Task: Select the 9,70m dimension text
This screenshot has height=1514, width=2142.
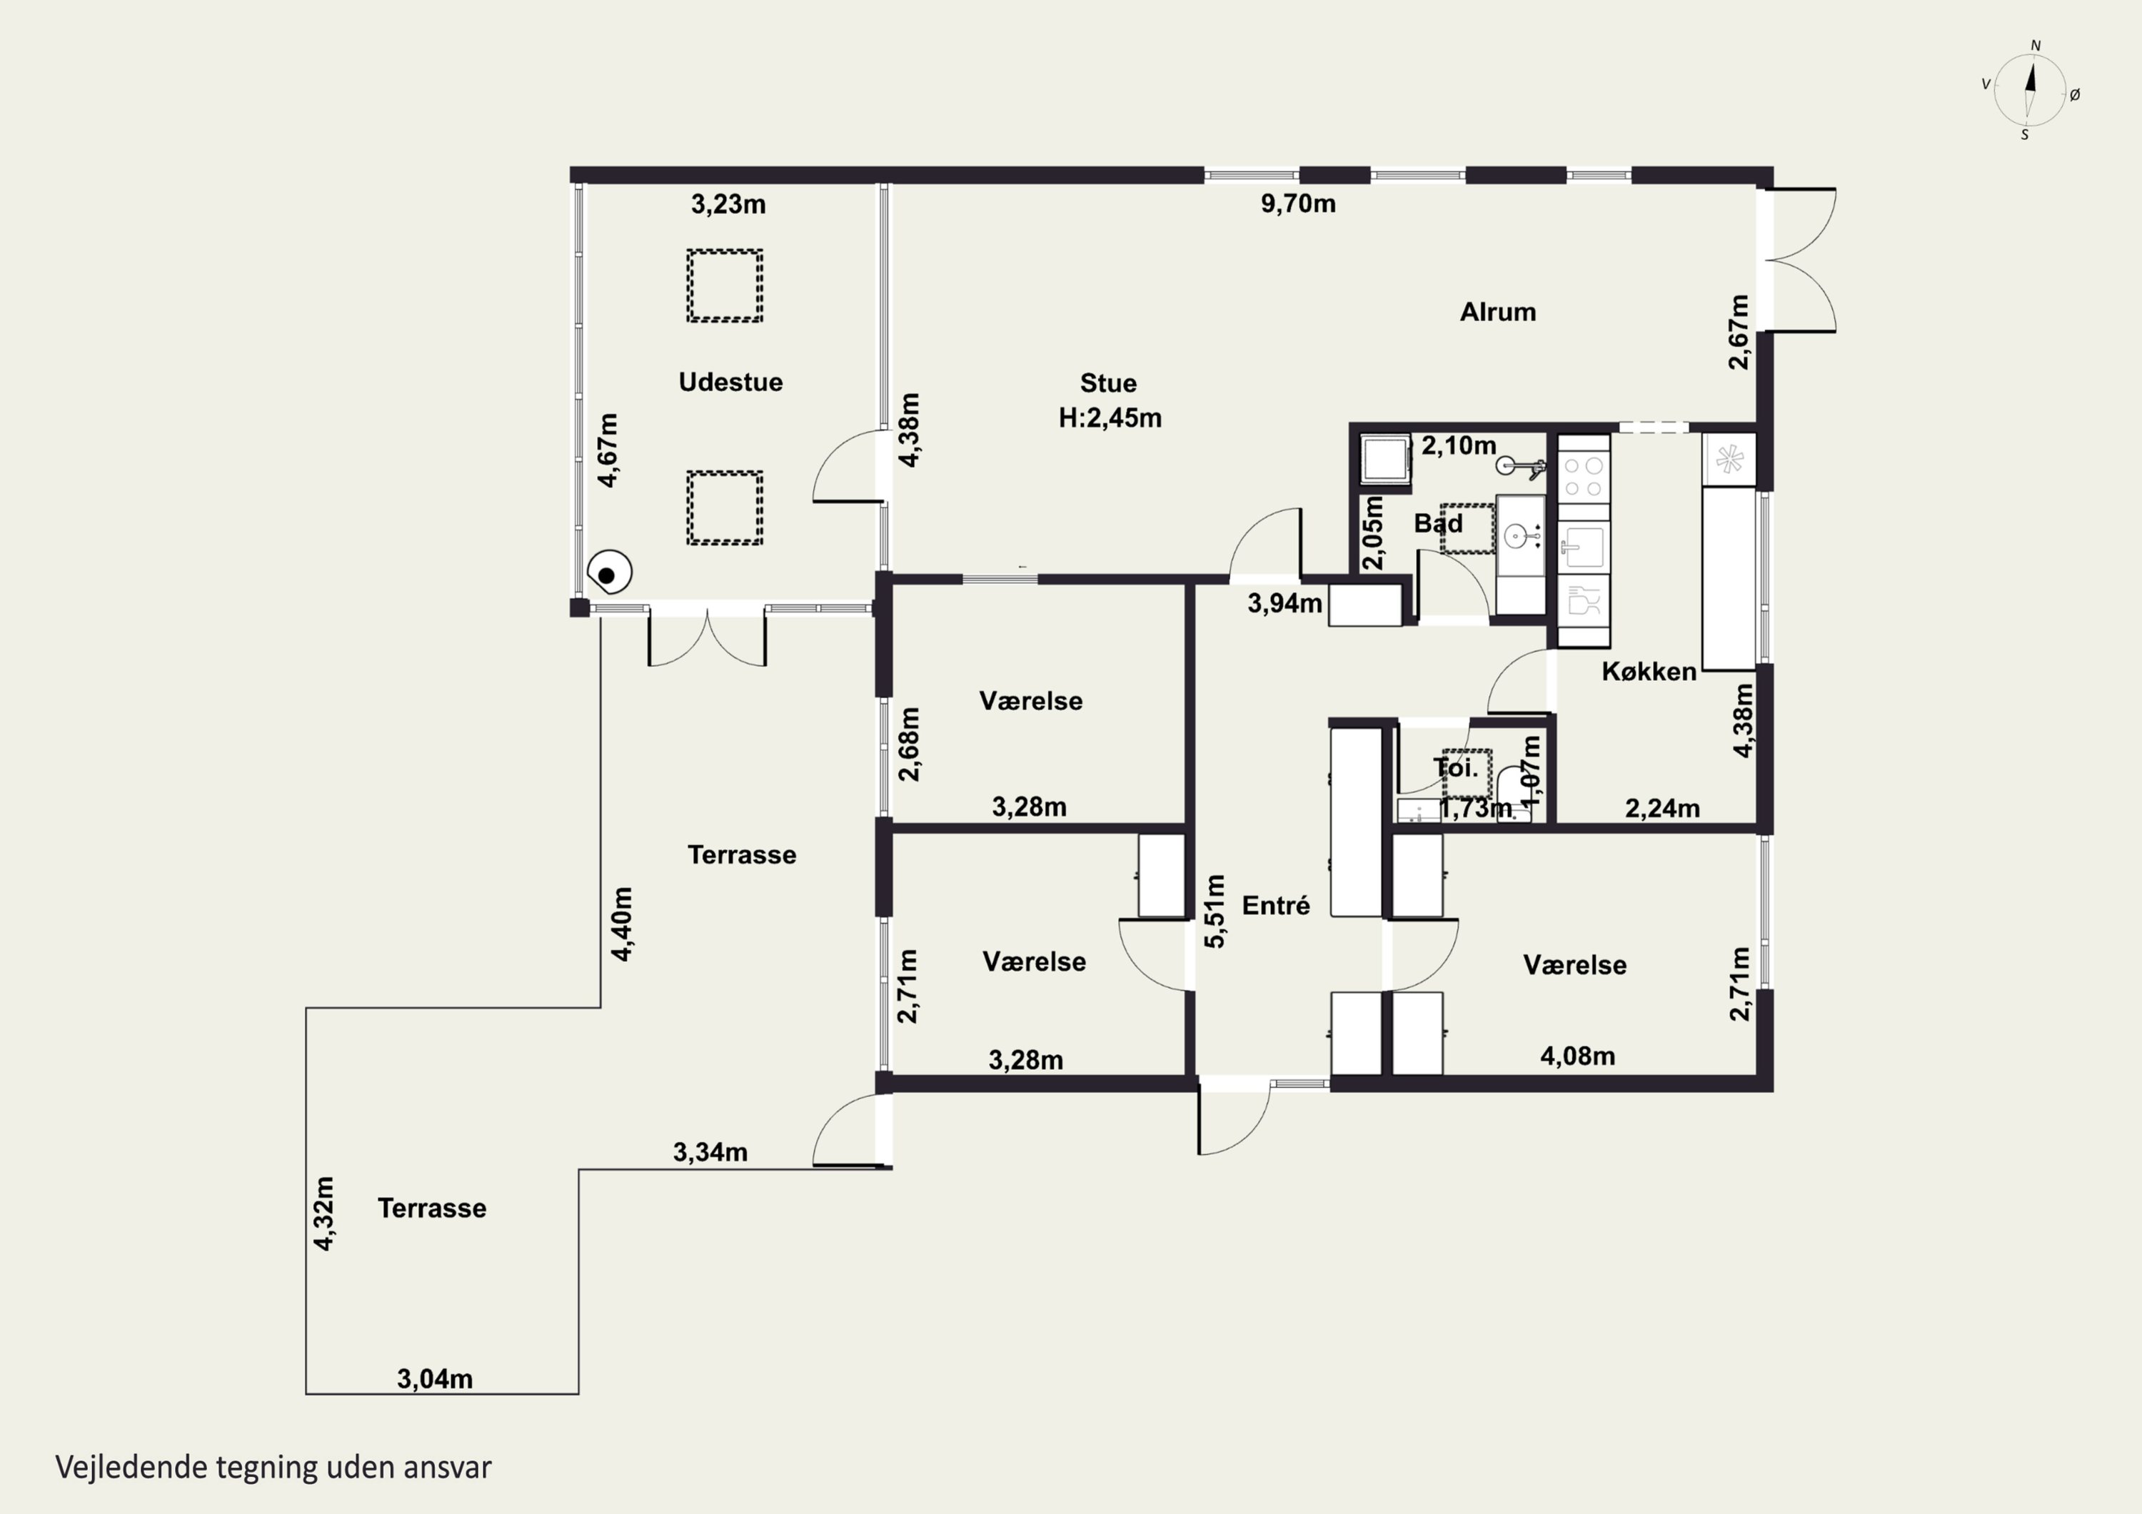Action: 1299,203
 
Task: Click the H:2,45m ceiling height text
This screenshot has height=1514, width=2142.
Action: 1110,418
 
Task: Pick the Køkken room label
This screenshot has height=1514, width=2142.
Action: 1649,672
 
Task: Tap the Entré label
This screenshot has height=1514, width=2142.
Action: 1276,905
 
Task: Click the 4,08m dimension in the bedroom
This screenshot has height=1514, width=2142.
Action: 1577,1056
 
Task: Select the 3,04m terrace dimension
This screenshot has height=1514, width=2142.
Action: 435,1379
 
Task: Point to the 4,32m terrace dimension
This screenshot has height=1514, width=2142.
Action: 323,1213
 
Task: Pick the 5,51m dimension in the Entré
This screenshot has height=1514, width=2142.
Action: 1215,912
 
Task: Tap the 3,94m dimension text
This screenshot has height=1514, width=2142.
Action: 1284,604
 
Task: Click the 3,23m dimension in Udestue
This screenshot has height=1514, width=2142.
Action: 728,204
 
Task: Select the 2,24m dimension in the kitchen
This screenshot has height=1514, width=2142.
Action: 1662,809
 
